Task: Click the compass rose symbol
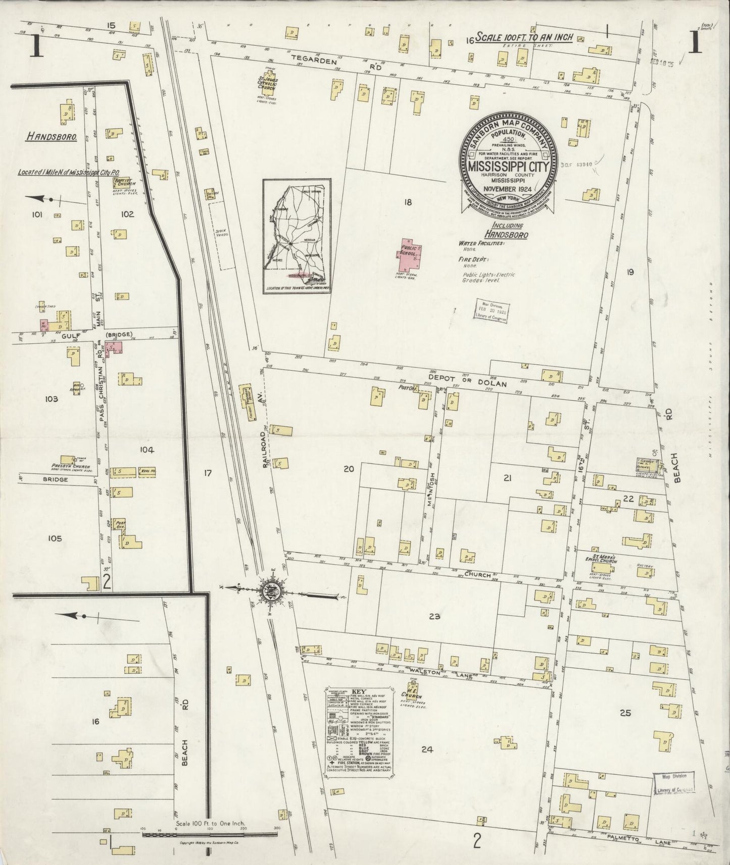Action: (268, 589)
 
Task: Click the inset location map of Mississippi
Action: (297, 236)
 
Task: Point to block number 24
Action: (427, 750)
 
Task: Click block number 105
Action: (55, 538)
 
